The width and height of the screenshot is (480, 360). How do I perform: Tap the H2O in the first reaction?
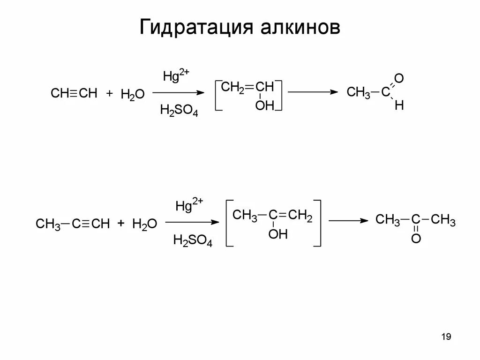[x=132, y=94]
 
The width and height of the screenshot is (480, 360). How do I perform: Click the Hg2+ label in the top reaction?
[x=176, y=75]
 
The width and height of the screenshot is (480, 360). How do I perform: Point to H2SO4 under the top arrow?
[x=179, y=111]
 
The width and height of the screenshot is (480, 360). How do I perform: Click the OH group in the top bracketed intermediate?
[x=264, y=106]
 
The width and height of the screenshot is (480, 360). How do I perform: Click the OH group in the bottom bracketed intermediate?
[x=277, y=234]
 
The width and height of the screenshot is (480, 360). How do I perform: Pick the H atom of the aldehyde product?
[x=399, y=106]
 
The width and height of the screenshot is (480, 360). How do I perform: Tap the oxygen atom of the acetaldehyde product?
[x=399, y=77]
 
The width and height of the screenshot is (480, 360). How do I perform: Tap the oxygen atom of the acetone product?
[x=416, y=239]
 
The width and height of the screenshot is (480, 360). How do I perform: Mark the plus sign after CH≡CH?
[x=109, y=94]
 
